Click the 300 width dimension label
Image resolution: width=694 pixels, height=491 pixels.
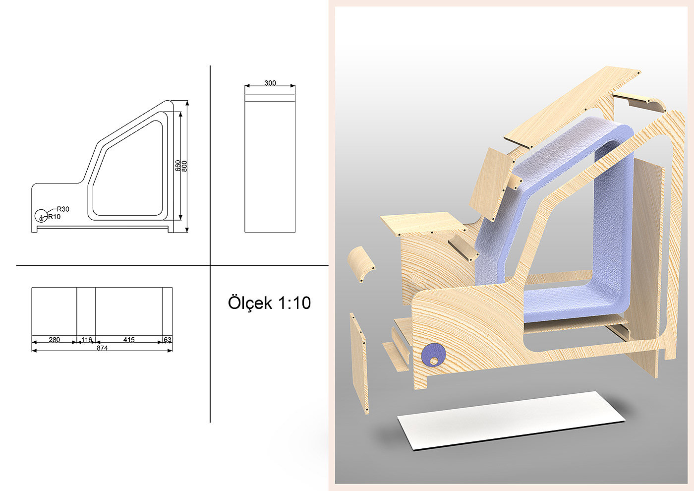click(x=270, y=83)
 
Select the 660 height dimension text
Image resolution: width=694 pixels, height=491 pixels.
click(x=178, y=166)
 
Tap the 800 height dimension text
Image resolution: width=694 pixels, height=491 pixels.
click(x=184, y=167)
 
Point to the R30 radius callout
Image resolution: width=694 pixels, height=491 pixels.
click(x=63, y=209)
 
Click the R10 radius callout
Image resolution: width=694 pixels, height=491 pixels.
click(x=54, y=217)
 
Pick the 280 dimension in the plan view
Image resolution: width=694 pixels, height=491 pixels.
click(x=54, y=339)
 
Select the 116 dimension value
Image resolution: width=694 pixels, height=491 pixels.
click(x=86, y=340)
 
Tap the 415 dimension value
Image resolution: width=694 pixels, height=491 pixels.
click(x=129, y=340)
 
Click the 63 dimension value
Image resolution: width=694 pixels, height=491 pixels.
click(x=168, y=340)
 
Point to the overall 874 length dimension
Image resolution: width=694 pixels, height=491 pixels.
click(x=102, y=348)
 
